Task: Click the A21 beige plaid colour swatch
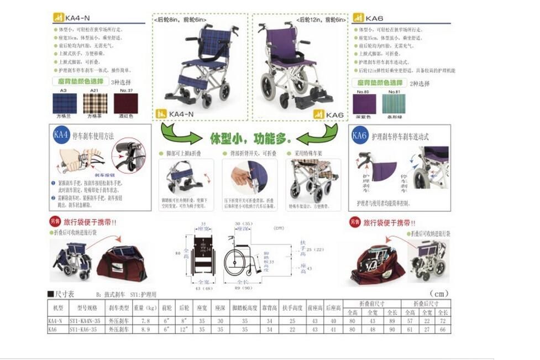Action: tap(95, 103)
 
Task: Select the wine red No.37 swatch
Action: tap(125, 103)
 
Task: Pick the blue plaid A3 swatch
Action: tap(64, 103)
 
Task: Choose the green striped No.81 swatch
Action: tap(394, 103)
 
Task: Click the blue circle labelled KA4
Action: tap(61, 134)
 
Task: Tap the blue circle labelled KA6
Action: tap(360, 134)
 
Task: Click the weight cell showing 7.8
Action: tap(145, 321)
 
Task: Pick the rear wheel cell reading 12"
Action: tap(186, 329)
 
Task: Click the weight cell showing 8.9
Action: tap(145, 329)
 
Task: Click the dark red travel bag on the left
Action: tap(122, 264)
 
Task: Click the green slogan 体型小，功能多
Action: tap(250, 137)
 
